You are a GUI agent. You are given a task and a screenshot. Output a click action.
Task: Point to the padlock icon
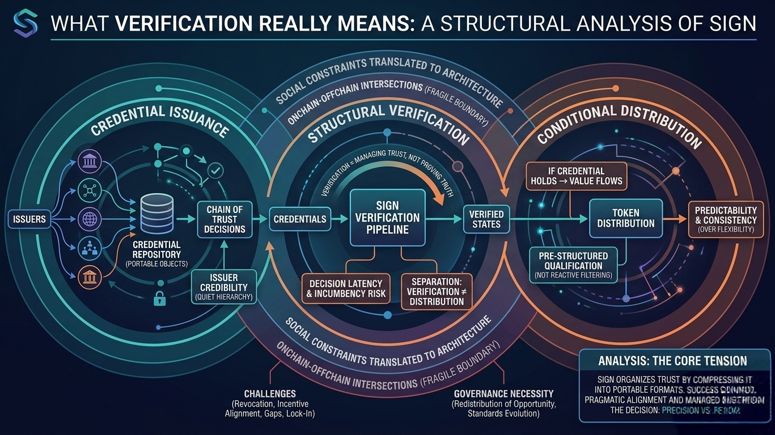[x=159, y=298]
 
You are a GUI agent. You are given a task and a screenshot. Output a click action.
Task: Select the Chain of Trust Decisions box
[x=225, y=219]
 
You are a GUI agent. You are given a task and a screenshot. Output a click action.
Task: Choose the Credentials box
[x=299, y=219]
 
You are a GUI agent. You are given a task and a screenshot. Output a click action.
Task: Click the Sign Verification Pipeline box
[x=388, y=217]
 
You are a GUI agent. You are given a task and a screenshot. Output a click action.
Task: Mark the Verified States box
[x=486, y=219]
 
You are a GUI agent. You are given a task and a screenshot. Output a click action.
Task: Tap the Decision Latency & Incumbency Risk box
[x=346, y=288]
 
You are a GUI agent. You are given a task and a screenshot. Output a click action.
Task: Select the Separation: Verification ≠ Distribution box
[x=435, y=291]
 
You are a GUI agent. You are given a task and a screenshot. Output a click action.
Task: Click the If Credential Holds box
[x=576, y=176]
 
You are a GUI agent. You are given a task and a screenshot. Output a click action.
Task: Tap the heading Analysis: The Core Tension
[x=672, y=361]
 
